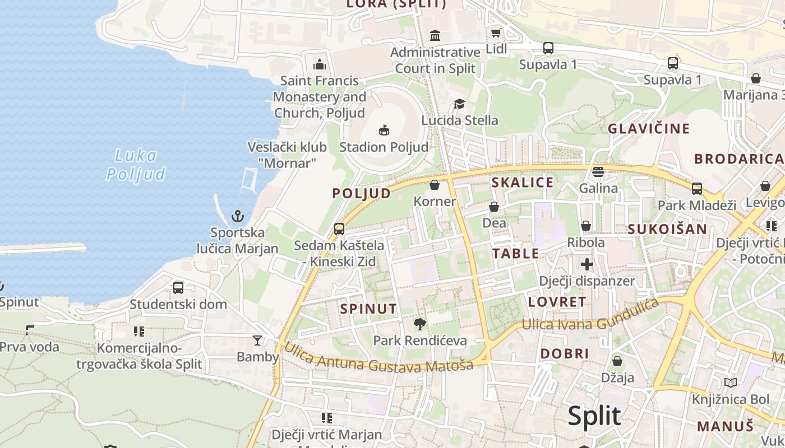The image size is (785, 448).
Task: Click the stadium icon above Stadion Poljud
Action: [384, 130]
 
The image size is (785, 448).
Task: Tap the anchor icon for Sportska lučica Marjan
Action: [238, 216]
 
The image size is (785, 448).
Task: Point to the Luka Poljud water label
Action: [136, 165]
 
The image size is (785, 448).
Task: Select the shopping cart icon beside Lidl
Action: [495, 32]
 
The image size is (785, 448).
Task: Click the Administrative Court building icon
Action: [435, 36]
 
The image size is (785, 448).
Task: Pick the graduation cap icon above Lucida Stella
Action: [459, 104]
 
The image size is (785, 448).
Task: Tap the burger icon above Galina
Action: [598, 171]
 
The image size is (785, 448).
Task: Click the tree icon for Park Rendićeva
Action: [419, 324]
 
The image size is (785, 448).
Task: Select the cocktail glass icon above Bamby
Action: [257, 340]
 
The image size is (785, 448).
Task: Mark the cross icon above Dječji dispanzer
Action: [587, 264]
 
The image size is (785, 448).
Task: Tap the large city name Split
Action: [594, 416]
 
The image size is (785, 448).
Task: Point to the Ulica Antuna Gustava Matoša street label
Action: [378, 358]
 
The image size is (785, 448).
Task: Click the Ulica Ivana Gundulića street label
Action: [590, 317]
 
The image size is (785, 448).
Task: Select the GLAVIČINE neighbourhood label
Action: [649, 129]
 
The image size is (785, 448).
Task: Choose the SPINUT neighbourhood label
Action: [368, 309]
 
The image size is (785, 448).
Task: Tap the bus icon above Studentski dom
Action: [178, 288]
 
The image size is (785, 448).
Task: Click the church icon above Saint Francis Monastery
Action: [320, 64]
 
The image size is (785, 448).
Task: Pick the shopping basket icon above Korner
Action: [434, 185]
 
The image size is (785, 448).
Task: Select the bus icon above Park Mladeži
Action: [696, 189]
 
